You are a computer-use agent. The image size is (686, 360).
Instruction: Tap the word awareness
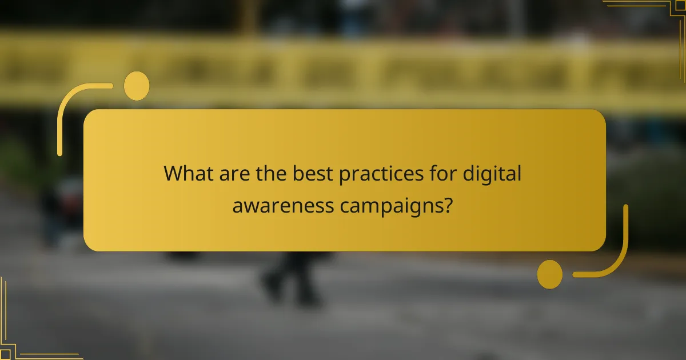coord(277,205)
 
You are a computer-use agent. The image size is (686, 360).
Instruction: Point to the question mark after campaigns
coord(448,204)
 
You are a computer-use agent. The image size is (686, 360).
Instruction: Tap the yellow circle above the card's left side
coord(137,86)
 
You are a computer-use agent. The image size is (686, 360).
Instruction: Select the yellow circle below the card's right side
coord(550,274)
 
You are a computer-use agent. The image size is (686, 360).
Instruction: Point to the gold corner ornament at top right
coord(657,14)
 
